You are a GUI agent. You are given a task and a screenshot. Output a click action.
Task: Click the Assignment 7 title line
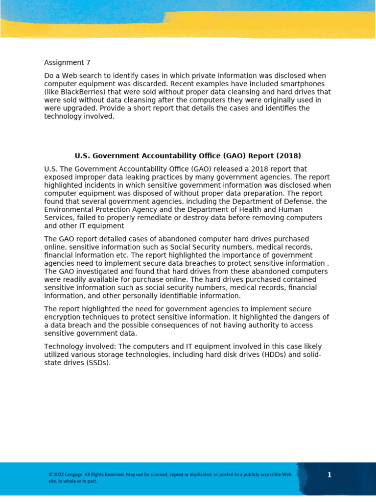point(67,63)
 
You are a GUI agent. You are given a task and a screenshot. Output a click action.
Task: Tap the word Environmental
point(68,209)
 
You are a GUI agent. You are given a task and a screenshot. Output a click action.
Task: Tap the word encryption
point(62,317)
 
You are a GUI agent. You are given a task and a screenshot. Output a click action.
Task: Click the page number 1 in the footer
point(329,475)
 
